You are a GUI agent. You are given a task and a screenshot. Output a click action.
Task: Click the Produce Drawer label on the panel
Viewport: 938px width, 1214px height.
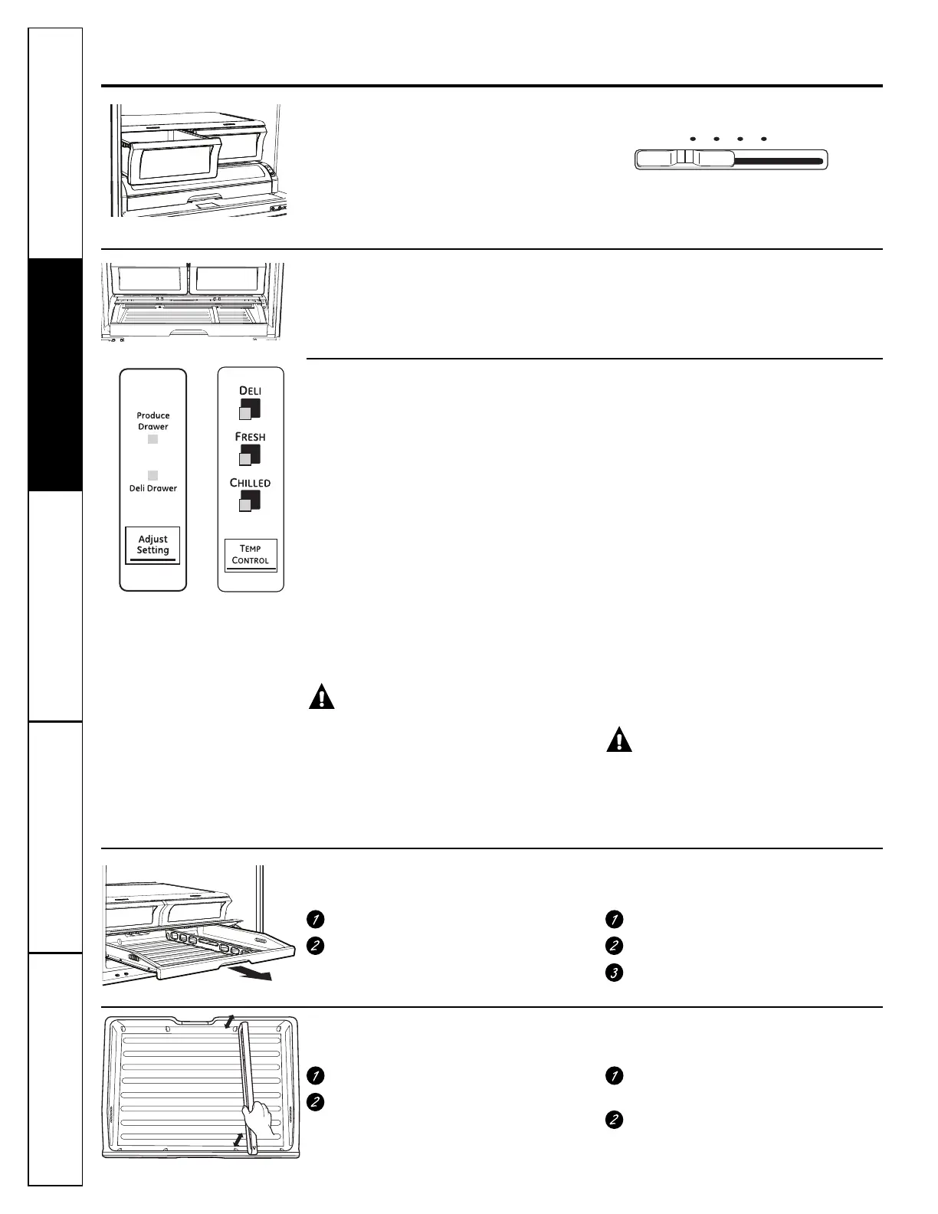(153, 421)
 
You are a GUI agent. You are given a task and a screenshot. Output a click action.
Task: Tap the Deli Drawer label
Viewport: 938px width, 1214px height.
(153, 488)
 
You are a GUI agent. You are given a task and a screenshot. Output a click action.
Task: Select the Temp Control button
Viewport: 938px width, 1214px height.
(251, 554)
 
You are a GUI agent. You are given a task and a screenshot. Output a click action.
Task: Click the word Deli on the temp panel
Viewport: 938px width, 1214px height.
(251, 391)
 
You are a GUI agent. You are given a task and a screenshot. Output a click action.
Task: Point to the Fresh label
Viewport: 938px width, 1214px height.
(251, 437)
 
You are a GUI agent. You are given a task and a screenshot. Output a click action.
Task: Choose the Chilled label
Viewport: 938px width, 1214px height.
(251, 483)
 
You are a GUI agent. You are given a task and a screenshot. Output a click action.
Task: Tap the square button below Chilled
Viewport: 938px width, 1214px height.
(249, 501)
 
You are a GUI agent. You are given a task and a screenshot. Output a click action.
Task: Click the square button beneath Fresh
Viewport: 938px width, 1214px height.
(249, 455)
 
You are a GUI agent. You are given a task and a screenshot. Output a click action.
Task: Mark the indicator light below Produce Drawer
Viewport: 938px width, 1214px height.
(153, 439)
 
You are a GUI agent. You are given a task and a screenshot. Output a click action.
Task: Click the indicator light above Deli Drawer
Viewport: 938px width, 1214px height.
(153, 475)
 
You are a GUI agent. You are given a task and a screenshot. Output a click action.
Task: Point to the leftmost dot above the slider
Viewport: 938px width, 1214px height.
(692, 139)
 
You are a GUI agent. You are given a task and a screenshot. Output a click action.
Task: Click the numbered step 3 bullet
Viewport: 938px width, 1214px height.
(613, 973)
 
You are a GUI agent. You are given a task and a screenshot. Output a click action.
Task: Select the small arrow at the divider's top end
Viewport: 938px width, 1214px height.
(229, 1021)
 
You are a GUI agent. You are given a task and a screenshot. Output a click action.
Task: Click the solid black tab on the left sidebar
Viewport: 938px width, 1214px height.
(55, 375)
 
